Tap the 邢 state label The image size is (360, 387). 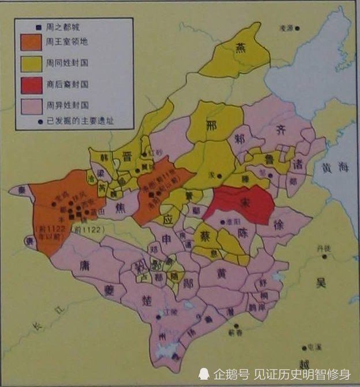(212, 125)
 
